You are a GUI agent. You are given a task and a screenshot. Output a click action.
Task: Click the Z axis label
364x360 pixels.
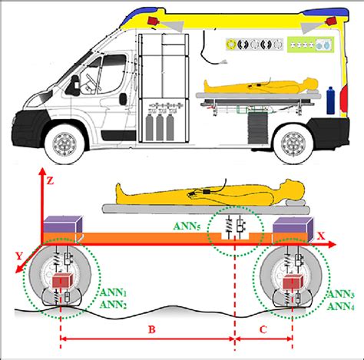(x=50, y=182)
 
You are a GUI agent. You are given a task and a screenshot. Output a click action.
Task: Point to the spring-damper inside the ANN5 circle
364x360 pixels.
(x=233, y=226)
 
